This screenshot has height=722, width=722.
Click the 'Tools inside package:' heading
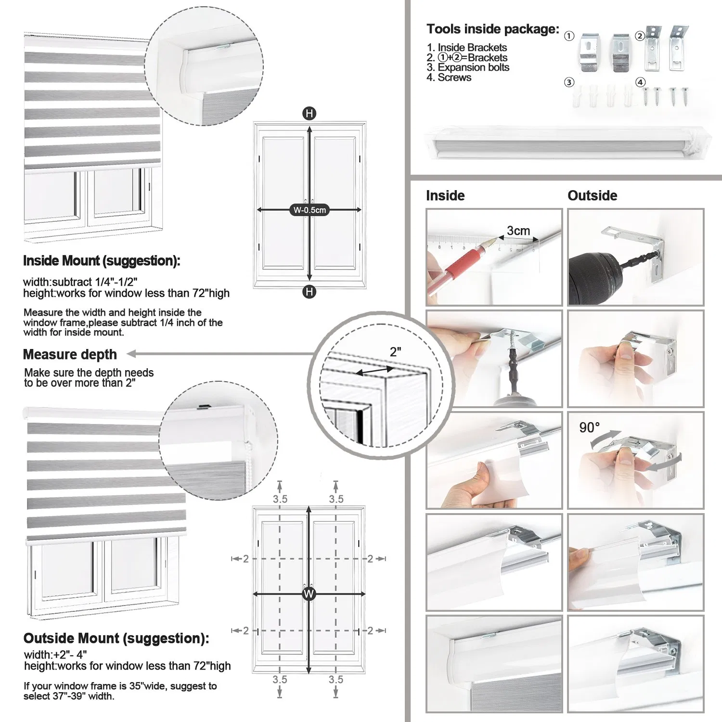[492, 29]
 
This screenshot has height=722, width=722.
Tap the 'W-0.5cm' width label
[309, 210]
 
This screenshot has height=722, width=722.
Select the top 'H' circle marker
[309, 114]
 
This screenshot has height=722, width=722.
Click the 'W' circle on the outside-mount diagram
[309, 593]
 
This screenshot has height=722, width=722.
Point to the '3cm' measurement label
[518, 231]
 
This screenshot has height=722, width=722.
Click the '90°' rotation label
[589, 427]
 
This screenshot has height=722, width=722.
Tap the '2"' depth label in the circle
[395, 352]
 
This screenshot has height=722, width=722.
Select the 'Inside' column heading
[445, 195]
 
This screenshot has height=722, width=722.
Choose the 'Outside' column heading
[592, 195]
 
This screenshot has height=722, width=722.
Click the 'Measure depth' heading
[70, 354]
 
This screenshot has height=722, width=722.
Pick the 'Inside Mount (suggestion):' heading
[102, 261]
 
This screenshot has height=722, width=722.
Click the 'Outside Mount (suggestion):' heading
[116, 638]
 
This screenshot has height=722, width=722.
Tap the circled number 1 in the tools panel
[569, 36]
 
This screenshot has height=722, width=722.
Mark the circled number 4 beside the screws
[640, 82]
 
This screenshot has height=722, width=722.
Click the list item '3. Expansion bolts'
[467, 67]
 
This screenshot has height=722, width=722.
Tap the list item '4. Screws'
[449, 77]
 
